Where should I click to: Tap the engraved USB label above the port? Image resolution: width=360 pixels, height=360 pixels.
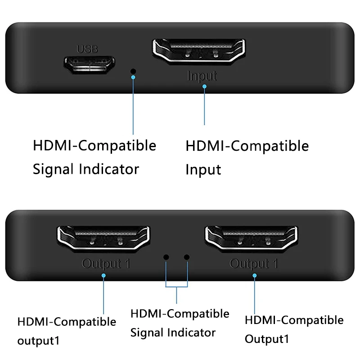tap(87, 49)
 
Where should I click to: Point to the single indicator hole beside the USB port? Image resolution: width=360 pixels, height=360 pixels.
tap(133, 71)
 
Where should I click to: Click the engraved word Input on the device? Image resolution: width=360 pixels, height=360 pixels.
tap(202, 76)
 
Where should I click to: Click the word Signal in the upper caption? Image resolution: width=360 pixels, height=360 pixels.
tap(54, 169)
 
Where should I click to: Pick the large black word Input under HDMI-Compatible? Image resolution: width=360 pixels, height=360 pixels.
tap(203, 170)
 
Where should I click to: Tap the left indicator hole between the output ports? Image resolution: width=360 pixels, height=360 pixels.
tap(166, 257)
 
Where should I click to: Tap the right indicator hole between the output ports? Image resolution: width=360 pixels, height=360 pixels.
tap(187, 257)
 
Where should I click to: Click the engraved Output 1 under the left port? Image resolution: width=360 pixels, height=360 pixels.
tap(106, 264)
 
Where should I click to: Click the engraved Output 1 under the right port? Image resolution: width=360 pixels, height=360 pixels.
tap(253, 264)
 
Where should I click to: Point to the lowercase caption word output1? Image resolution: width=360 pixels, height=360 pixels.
tap(38, 341)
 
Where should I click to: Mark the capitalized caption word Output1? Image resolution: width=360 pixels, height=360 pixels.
tap(267, 338)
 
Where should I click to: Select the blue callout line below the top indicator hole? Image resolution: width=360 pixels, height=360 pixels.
tap(133, 106)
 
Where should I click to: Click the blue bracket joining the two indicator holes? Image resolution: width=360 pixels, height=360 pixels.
tap(176, 286)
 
